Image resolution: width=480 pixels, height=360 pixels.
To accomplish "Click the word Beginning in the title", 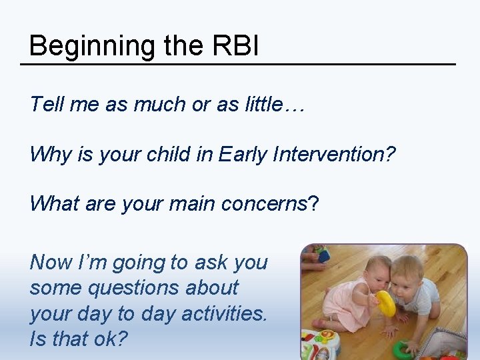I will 83,46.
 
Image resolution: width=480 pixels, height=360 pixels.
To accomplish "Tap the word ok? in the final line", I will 108,339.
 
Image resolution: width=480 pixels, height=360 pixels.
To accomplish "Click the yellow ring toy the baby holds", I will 385,303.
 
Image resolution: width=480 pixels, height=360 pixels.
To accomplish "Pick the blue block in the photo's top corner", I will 323,255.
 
